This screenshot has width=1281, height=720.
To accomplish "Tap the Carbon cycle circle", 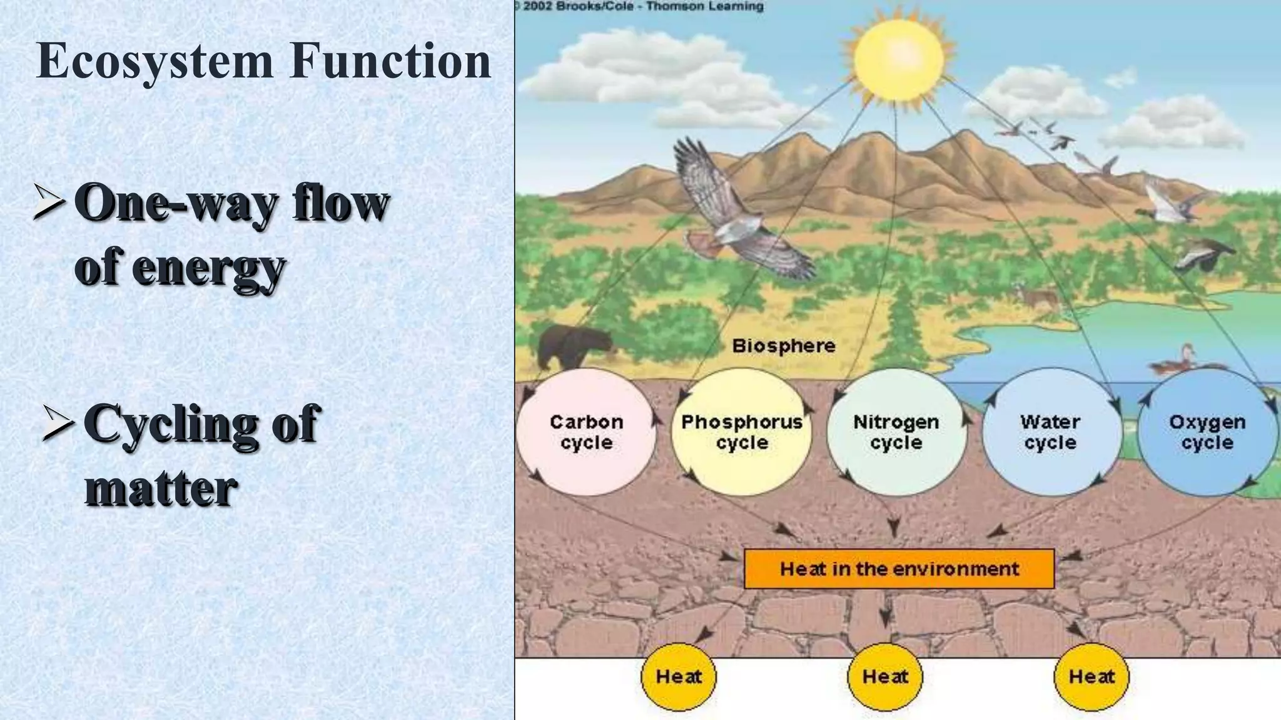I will pyautogui.click(x=586, y=432).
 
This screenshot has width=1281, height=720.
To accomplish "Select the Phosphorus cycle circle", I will pyautogui.click(x=741, y=432).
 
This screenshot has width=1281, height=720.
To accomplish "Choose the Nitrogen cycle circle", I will pyautogui.click(x=896, y=432).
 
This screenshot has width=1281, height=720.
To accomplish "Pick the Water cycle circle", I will pyautogui.click(x=1051, y=432).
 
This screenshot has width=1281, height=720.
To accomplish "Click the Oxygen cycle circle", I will pyautogui.click(x=1207, y=432).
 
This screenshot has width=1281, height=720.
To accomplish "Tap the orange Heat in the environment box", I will pyautogui.click(x=899, y=569).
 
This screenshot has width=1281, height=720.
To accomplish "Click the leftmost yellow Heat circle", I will pyautogui.click(x=679, y=676).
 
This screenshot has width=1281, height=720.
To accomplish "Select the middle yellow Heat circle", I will pyautogui.click(x=885, y=676).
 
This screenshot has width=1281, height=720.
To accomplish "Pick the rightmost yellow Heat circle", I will pyautogui.click(x=1091, y=676).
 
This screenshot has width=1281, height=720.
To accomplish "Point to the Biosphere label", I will pyautogui.click(x=784, y=346).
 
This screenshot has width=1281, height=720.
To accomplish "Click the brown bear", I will pyautogui.click(x=572, y=347).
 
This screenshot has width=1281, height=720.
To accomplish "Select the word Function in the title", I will pyautogui.click(x=390, y=61).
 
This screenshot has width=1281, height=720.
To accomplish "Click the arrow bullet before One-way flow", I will pyautogui.click(x=48, y=201).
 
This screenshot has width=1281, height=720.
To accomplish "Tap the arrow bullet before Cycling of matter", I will pyautogui.click(x=58, y=422).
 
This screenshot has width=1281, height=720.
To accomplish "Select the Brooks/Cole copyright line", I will pyautogui.click(x=640, y=7).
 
